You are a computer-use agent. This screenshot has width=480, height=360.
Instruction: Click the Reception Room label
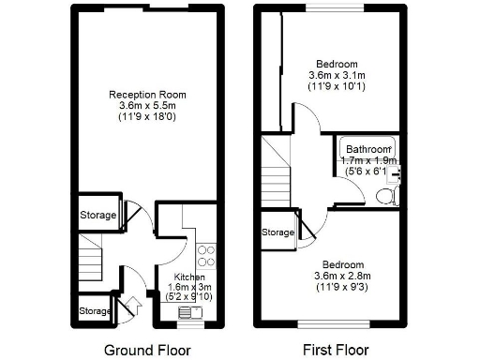pyautogui.click(x=147, y=95)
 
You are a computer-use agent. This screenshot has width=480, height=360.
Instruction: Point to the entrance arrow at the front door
pyautogui.click(x=131, y=304)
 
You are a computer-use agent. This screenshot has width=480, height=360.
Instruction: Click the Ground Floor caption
pyautogui.click(x=147, y=351)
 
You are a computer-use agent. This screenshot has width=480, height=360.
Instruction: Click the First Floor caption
pyautogui.click(x=333, y=351)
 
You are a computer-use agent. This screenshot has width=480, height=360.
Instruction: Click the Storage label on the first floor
pyautogui.click(x=278, y=232)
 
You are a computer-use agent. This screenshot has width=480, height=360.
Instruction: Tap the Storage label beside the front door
pyautogui.click(x=95, y=310)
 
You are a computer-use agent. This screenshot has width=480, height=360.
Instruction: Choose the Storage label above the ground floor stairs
pyautogui.click(x=98, y=216)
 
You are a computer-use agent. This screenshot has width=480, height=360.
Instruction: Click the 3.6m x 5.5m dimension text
pyautogui.click(x=147, y=106)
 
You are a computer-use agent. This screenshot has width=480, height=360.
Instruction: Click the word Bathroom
pyautogui.click(x=367, y=149)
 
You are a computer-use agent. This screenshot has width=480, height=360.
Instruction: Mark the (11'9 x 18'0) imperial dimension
pyautogui.click(x=147, y=117)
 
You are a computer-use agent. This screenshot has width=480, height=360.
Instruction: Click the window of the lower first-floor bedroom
pyautogui.click(x=333, y=325)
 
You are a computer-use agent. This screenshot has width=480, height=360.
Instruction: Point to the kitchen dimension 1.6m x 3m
pyautogui.click(x=188, y=287)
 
